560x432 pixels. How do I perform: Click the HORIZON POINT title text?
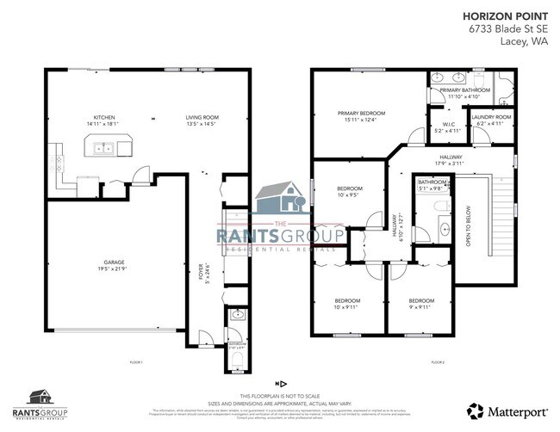(x=503, y=15)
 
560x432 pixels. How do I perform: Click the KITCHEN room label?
(x=105, y=117)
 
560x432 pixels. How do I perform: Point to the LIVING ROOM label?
(x=204, y=117)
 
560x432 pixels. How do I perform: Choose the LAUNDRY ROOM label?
(x=493, y=117)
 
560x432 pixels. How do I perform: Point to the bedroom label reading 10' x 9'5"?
(x=349, y=188)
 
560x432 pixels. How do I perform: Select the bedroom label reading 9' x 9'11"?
(x=421, y=300)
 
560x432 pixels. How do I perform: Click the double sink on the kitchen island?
(x=105, y=148)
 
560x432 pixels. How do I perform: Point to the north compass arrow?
(x=279, y=380)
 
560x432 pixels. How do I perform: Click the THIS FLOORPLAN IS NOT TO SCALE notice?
(x=279, y=394)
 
